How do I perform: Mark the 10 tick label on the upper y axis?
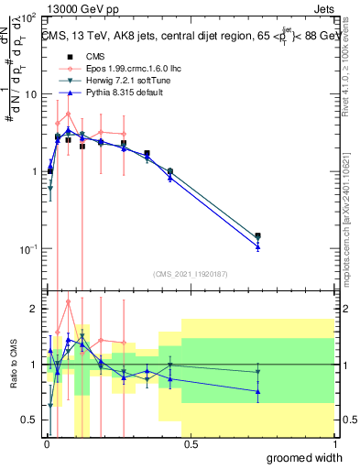click(29, 94)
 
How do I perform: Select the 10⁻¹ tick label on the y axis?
click(27, 248)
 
